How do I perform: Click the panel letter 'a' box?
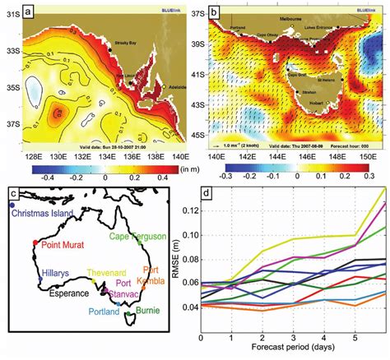point(30,12)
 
